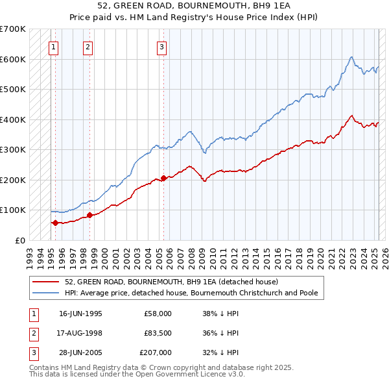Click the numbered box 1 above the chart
tap(53, 46)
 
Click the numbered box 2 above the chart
tap(88, 46)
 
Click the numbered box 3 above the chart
tap(161, 46)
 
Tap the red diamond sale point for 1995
tap(55, 223)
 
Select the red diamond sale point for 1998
tap(89, 215)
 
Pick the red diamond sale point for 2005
tap(163, 177)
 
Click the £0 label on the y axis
tap(20, 240)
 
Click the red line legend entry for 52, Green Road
tap(171, 282)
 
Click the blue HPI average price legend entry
tap(191, 293)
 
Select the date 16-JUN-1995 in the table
tap(80, 313)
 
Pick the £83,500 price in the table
tap(157, 333)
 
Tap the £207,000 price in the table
tap(156, 352)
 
